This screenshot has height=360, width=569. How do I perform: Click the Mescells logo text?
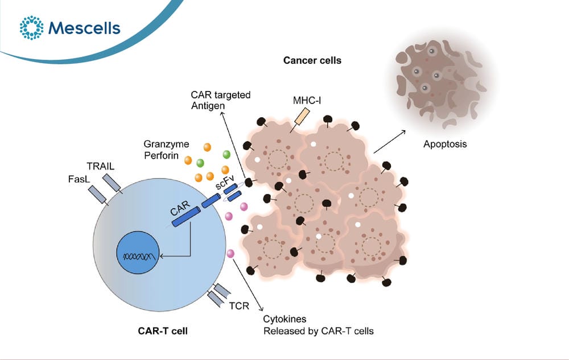[84, 28]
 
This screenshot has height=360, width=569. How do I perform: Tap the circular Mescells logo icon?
[31, 27]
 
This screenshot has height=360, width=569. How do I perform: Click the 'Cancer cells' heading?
[312, 60]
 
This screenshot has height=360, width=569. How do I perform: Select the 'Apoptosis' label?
[445, 144]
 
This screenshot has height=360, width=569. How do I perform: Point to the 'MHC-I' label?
[307, 101]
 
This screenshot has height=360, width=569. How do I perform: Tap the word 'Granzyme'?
[166, 144]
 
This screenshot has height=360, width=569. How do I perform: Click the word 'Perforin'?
[161, 155]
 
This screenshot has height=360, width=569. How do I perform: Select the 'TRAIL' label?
[101, 167]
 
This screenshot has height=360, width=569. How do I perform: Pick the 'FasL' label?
[79, 179]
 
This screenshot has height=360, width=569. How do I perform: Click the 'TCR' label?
[239, 306]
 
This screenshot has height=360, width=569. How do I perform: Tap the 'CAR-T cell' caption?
[163, 331]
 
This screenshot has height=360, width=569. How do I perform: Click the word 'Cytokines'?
[284, 319]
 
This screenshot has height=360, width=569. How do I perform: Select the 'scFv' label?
[225, 181]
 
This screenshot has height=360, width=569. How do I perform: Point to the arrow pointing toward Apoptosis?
[389, 142]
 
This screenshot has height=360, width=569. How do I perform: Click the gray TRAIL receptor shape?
[112, 184]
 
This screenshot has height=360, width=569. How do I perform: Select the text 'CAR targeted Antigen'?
[221, 101]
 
